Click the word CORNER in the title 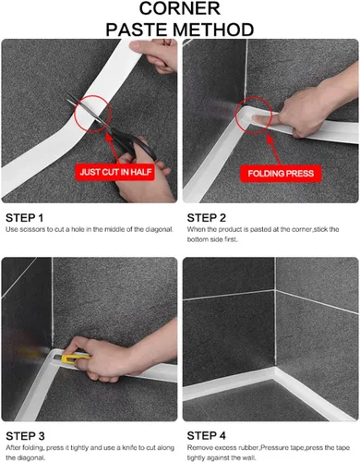click(x=180, y=8)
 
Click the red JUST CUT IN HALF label click(x=115, y=172)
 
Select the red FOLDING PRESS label click(x=281, y=174)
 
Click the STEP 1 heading click(x=25, y=218)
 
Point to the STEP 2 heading click(x=207, y=218)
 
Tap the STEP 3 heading click(x=25, y=436)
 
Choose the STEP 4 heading click(x=207, y=436)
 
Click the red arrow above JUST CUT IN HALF click(x=112, y=147)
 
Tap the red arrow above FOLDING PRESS click(x=273, y=150)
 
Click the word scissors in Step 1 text click(x=32, y=229)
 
